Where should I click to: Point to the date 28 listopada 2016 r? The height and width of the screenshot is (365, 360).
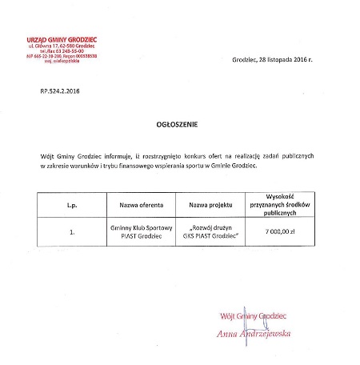(x=273, y=61)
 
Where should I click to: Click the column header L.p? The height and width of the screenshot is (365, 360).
(x=73, y=204)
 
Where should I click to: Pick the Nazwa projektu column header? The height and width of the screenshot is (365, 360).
(x=210, y=204)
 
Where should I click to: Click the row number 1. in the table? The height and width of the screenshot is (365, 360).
(x=73, y=234)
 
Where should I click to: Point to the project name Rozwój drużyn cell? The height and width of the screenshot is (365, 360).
(x=210, y=234)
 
